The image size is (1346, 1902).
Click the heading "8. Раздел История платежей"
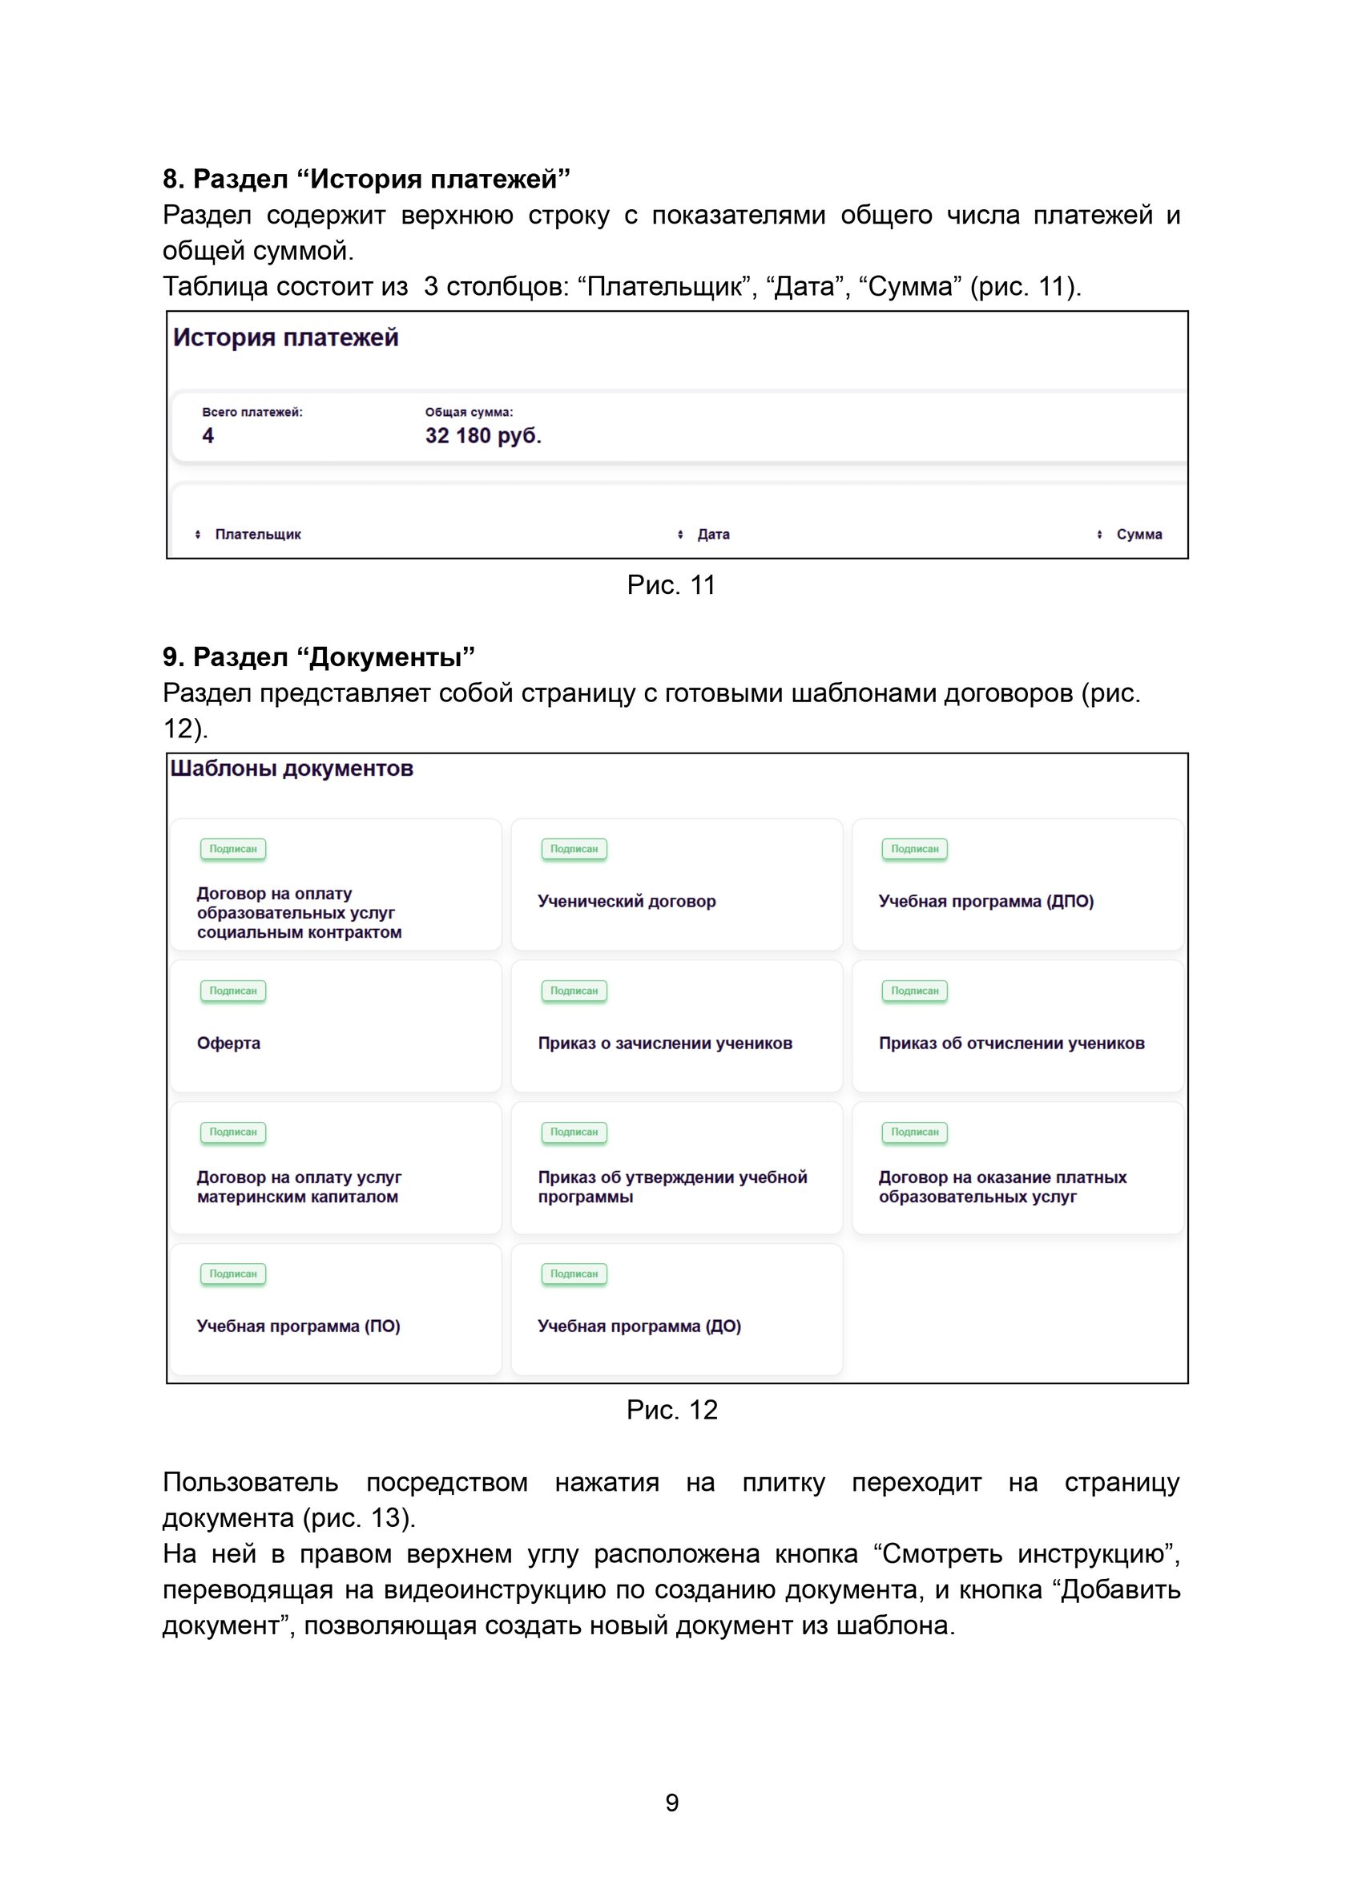pos(366,179)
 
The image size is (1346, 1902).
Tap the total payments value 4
pos(208,436)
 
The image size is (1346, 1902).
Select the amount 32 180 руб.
pos(483,436)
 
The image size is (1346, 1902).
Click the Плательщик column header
pos(258,535)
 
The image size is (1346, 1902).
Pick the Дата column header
pos(713,535)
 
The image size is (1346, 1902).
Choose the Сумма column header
pos(1138,535)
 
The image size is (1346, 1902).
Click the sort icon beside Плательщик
pos(198,535)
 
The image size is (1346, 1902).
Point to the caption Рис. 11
pos(671,585)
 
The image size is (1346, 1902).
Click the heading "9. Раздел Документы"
pos(318,657)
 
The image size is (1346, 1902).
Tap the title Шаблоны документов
pos(292,769)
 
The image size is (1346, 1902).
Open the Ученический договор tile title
pos(627,901)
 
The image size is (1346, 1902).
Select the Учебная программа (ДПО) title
pos(985,901)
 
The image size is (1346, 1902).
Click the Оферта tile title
pos(229,1043)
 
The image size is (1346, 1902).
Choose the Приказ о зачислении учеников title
pos(665,1043)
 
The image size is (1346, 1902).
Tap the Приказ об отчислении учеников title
pos(1011,1043)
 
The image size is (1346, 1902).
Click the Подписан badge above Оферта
pos(233,991)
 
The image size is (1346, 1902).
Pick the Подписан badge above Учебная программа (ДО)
pos(574,1274)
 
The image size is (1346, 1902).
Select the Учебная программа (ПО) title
pos(298,1326)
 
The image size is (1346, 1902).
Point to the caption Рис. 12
pos(671,1411)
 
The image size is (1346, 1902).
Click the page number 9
pos(672,1803)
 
